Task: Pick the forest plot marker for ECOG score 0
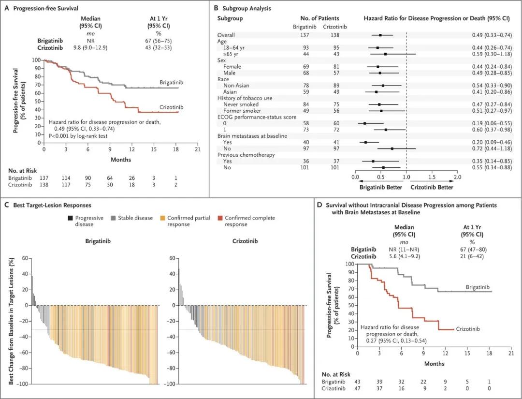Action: point(364,123)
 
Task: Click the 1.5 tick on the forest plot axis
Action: point(432,177)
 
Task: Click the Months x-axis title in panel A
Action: point(120,159)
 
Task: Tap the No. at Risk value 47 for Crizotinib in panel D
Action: point(358,388)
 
